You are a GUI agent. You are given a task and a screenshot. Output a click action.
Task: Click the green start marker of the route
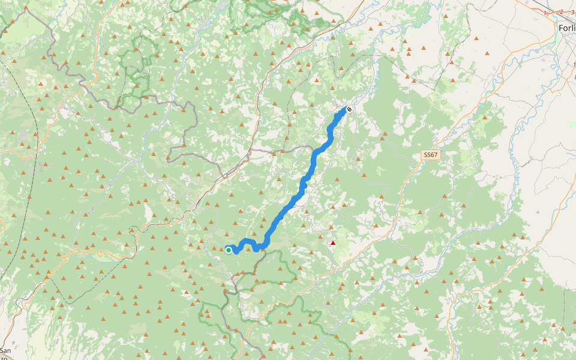(229, 250)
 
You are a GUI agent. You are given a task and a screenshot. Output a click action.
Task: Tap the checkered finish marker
(349, 109)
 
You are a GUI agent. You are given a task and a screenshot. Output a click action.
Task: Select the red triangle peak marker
(333, 243)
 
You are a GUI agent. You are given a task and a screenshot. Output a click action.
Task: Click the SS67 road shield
(430, 155)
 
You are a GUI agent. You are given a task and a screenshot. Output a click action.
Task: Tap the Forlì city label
(566, 28)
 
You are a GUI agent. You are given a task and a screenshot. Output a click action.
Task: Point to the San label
(5, 350)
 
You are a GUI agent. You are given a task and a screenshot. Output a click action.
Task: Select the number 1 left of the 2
(545, 13)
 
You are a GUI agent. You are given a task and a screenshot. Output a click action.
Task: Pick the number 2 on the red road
(562, 11)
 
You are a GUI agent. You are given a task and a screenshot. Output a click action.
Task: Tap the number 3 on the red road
(572, 11)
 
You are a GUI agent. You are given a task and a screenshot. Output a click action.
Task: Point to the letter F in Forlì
(560, 28)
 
